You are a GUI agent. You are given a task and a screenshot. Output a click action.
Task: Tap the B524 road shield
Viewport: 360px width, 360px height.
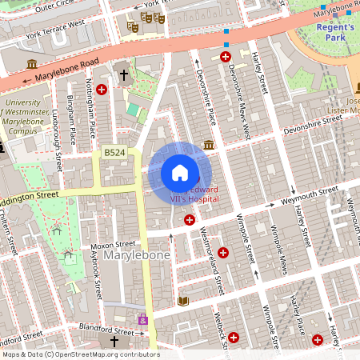coord(114,151)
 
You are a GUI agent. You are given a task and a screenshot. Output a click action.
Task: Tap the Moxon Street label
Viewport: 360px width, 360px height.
coord(113,243)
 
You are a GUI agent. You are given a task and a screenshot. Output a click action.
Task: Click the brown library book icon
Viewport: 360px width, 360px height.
coord(182,300)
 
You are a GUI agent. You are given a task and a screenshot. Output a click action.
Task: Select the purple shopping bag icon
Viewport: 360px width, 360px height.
coord(143,319)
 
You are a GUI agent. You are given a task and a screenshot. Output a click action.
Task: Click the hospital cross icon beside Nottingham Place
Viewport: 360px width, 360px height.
coord(101,90)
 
